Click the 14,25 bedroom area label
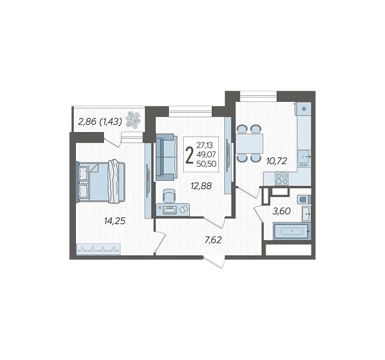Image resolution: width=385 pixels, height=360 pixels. [114, 221]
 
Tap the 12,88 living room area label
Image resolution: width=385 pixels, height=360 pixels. [201, 186]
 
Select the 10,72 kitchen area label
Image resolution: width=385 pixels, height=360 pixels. [277, 161]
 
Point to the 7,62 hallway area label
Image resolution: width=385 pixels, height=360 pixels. [213, 239]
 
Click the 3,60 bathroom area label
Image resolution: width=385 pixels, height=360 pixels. [282, 211]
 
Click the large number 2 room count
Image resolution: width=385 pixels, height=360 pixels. [189, 155]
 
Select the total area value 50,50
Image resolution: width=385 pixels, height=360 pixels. [206, 163]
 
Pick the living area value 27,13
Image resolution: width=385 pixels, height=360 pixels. [205, 145]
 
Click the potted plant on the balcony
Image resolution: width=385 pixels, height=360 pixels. [133, 119]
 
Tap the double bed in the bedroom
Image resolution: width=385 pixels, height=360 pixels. [101, 182]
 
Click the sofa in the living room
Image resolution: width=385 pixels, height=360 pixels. [167, 157]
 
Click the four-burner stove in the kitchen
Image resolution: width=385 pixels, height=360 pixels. [282, 179]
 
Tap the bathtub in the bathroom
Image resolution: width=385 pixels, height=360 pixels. [292, 231]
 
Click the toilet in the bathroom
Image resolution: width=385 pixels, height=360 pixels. [304, 199]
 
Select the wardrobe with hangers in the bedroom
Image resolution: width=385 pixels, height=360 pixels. [98, 249]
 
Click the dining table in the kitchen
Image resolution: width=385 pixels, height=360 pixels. [250, 143]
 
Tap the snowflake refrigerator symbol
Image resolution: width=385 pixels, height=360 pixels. [304, 108]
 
